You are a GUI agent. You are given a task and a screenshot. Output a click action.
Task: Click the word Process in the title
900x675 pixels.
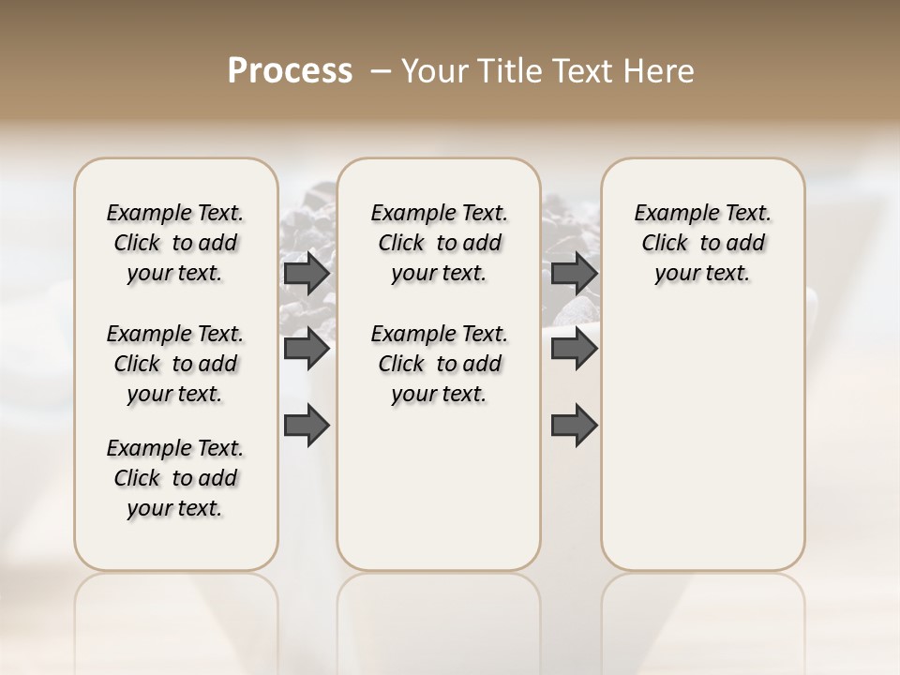coord(290,71)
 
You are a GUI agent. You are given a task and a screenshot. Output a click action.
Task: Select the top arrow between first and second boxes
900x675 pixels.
coord(307,273)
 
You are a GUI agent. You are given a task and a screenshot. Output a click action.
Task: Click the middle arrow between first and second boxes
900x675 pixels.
coord(307,350)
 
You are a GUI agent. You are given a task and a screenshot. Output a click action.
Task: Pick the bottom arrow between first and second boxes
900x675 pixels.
coord(307,426)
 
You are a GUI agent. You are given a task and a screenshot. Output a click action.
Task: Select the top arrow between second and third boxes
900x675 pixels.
coord(574,273)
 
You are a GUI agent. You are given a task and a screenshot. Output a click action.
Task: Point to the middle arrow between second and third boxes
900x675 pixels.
coord(574,350)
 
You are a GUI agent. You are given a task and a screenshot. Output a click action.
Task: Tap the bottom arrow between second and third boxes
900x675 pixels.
coord(574,426)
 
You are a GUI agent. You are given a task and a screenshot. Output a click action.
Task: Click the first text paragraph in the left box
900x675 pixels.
coord(175,243)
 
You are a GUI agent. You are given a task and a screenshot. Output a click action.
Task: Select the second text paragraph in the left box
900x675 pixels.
coord(175,364)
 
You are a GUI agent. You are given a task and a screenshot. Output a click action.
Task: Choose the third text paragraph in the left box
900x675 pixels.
coord(175,478)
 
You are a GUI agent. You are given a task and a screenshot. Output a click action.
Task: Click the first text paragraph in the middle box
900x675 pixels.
coord(439,243)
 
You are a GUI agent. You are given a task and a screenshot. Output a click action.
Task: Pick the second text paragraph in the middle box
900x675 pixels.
coord(439,364)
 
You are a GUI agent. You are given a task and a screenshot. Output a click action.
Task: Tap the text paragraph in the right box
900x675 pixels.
coord(703,243)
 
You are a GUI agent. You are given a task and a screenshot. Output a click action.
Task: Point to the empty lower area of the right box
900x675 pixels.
coord(703,441)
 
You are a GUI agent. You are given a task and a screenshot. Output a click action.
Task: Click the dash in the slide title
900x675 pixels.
coord(380,71)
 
